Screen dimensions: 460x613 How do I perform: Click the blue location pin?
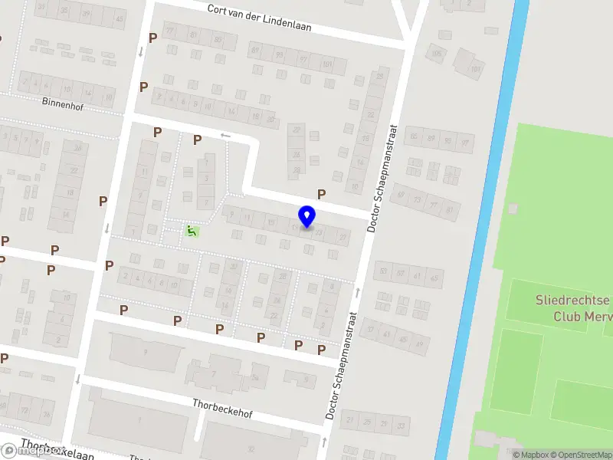pos(306,216)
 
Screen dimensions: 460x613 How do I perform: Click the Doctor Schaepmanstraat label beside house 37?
pos(343,364)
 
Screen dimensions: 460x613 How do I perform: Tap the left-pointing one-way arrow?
pos(225,136)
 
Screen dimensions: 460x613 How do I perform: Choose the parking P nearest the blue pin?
pos(322,195)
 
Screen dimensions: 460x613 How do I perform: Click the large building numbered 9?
pos(146,352)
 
